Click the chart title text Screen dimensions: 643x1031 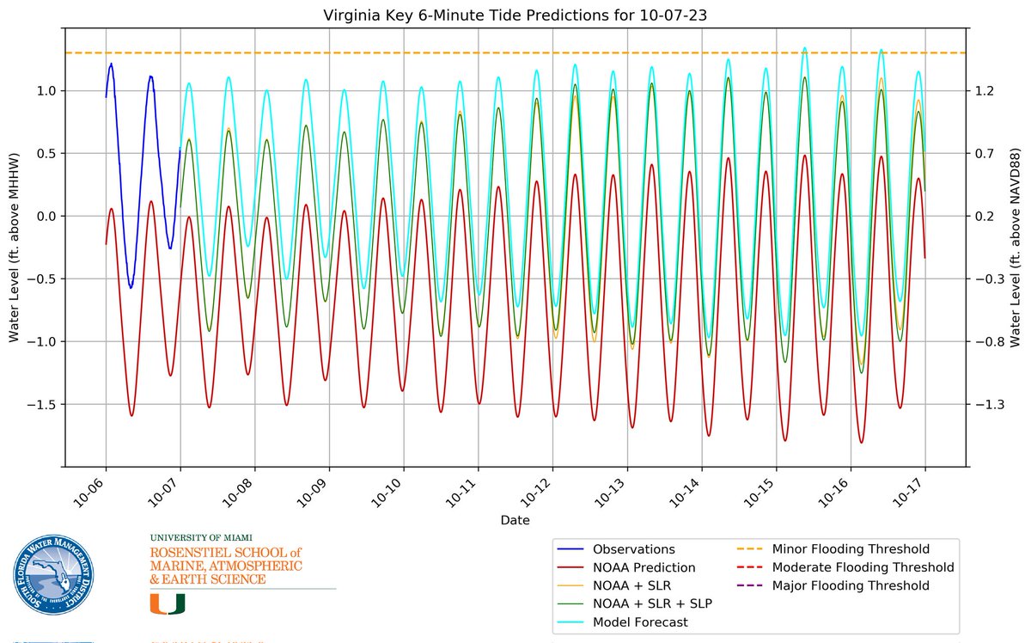515,15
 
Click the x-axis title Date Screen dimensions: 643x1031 515,521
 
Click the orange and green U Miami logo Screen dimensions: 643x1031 168,603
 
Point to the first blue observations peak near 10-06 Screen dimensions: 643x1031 111,64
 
